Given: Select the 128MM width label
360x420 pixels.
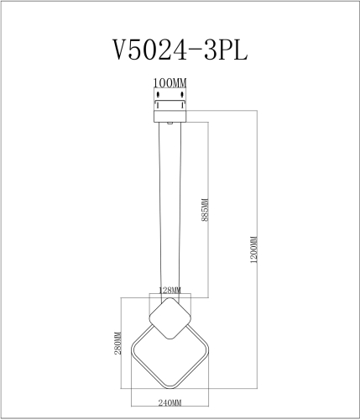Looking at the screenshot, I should pyautogui.click(x=170, y=290).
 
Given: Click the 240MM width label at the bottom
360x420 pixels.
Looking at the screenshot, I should pyautogui.click(x=170, y=403).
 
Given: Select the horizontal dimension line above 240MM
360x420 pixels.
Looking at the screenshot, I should pyautogui.click(x=170, y=396).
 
